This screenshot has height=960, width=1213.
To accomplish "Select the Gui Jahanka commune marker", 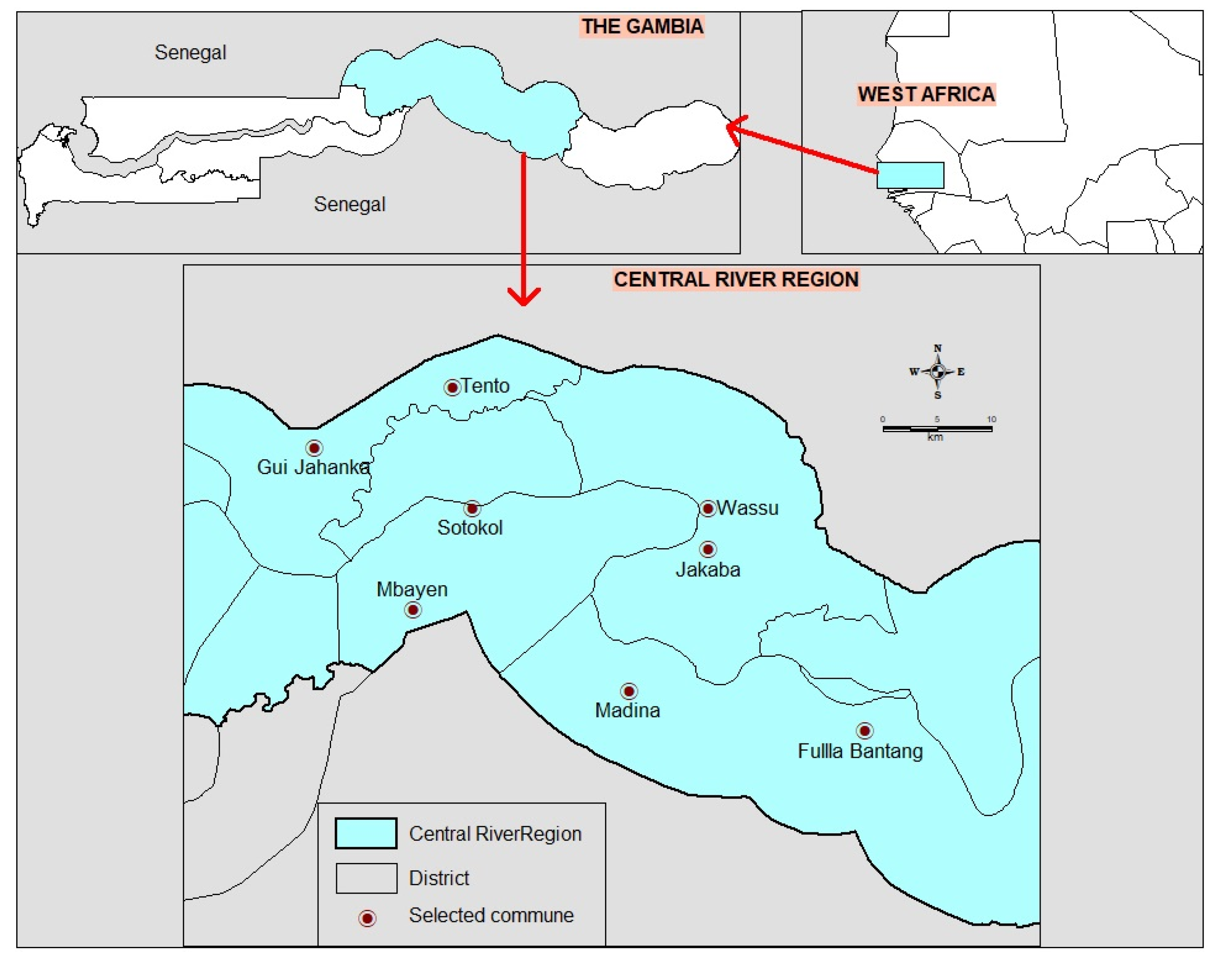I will click(314, 448).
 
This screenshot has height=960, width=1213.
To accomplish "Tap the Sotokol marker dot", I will click(471, 509).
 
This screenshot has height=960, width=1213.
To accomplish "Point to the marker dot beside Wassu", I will click(707, 509).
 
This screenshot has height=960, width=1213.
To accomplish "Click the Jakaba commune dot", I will click(708, 549).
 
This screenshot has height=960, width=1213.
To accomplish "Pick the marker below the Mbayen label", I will click(413, 610).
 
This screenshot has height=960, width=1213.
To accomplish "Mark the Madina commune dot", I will click(628, 691).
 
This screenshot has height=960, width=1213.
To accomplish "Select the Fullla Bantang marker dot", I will click(864, 731).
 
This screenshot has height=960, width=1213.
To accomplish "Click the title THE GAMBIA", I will click(642, 27).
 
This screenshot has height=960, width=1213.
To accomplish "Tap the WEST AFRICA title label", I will click(926, 94).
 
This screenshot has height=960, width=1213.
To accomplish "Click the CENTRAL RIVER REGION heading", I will click(736, 279).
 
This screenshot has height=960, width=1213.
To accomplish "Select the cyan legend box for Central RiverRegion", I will click(366, 833).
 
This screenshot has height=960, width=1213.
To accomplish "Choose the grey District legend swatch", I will click(366, 878).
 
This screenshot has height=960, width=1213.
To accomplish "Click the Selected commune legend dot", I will click(367, 918).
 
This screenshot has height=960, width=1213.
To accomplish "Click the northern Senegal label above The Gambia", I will click(190, 52).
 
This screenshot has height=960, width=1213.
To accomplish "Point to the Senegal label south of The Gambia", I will click(349, 204).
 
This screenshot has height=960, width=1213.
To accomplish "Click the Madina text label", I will click(627, 711).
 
